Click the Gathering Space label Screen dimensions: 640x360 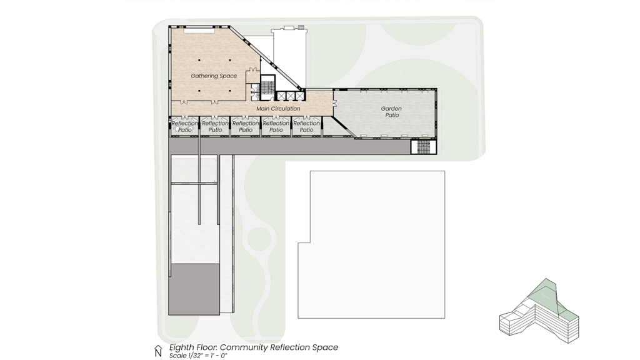pyautogui.click(x=214, y=76)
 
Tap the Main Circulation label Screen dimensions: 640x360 pyautogui.click(x=278, y=109)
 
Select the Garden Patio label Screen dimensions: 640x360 pyautogui.click(x=392, y=112)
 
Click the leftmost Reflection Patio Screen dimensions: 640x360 pyautogui.click(x=185, y=126)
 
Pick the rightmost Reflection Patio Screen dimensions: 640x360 pyautogui.click(x=306, y=126)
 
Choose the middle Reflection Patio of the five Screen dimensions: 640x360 pyautogui.click(x=246, y=126)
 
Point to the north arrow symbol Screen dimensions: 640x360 pyautogui.click(x=158, y=351)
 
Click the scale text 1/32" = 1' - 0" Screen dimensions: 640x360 pyautogui.click(x=198, y=356)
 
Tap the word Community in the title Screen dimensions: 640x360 pyautogui.click(x=244, y=347)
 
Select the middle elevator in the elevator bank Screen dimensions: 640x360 pyautogui.click(x=290, y=96)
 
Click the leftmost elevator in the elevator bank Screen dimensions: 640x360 pyautogui.click(x=281, y=96)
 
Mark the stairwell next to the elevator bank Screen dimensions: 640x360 pyautogui.click(x=267, y=86)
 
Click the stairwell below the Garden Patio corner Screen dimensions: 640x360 pyautogui.click(x=423, y=147)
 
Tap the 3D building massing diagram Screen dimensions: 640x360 pyautogui.click(x=539, y=311)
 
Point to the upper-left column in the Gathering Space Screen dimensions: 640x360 pyautogui.click(x=199, y=61)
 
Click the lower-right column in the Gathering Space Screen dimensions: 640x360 pyautogui.click(x=230, y=91)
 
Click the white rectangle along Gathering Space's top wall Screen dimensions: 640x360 pyautogui.click(x=199, y=30)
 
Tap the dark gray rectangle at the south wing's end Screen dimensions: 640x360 pyautogui.click(x=194, y=289)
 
